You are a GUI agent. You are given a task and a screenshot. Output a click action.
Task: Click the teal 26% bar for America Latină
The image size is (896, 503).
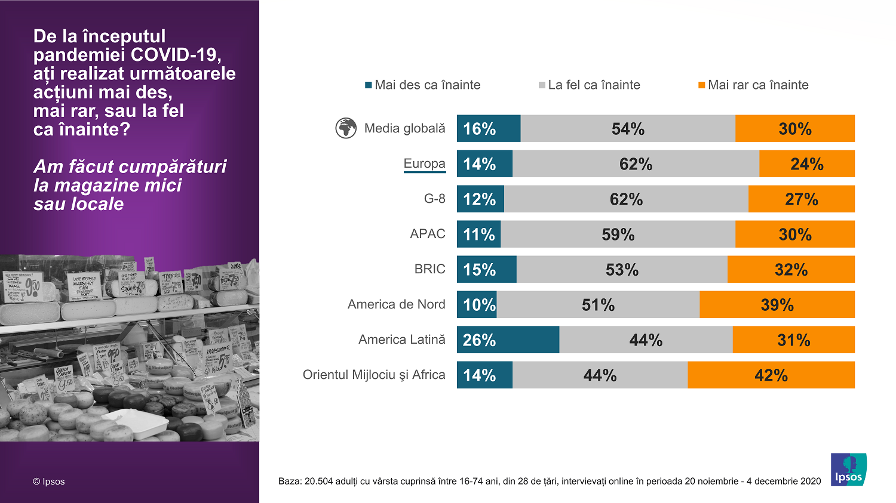508,340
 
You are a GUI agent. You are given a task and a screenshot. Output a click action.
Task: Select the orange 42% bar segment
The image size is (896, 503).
771,375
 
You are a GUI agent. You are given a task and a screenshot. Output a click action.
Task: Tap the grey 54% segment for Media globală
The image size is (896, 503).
627,128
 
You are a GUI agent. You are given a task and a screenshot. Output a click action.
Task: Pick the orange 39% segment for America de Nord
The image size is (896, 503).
777,304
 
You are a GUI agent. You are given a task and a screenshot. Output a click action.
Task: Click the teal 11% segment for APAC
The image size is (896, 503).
478,234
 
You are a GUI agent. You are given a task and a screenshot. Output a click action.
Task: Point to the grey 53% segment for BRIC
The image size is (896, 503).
622,269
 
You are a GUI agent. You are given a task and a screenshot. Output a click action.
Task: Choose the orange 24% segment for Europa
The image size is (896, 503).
806,163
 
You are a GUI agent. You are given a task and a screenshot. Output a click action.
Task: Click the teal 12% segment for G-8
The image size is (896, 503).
480,199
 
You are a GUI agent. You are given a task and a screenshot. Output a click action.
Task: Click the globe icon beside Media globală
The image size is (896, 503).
346,128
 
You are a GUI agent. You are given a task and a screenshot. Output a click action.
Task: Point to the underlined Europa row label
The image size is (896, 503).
424,163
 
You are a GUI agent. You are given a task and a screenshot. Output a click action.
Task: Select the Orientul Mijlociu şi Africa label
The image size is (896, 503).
374,375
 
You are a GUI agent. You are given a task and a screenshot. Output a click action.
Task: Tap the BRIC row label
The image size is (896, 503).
429,269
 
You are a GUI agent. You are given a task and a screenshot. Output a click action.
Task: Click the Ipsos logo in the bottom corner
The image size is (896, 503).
848,470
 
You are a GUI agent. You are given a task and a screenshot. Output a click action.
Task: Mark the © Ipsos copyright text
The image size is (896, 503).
49,482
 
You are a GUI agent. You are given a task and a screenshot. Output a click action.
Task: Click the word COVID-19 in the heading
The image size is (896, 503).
176,55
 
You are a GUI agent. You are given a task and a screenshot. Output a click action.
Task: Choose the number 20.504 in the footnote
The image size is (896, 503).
318,482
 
